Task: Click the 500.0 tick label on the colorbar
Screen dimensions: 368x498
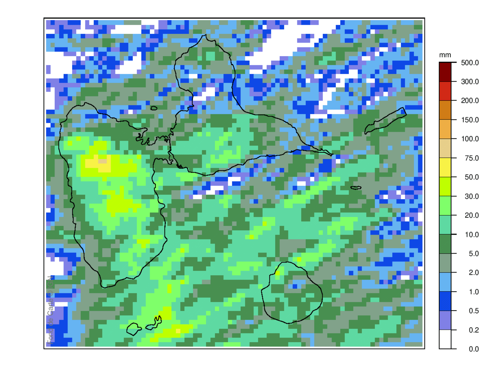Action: (x=470, y=63)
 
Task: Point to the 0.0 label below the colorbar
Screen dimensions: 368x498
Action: (x=473, y=349)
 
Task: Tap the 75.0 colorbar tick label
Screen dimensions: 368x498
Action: (x=471, y=158)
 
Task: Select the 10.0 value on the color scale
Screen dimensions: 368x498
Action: (x=471, y=235)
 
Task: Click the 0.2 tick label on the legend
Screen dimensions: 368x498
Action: (x=473, y=330)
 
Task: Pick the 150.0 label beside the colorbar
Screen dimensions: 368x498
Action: (x=470, y=120)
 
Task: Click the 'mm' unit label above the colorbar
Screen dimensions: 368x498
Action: (x=445, y=55)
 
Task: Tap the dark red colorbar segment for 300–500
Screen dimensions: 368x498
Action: (x=445, y=72)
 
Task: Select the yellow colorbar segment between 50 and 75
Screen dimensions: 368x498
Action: (x=445, y=167)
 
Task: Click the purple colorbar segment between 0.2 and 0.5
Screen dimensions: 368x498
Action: (x=445, y=320)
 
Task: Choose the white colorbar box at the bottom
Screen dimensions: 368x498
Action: (x=445, y=339)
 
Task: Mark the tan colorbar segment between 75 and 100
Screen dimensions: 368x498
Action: (x=445, y=148)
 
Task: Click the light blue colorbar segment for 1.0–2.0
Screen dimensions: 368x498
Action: (x=445, y=282)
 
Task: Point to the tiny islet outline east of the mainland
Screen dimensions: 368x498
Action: (x=356, y=188)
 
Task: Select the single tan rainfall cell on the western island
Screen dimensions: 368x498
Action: (x=102, y=161)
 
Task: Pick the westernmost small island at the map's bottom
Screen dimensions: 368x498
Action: (x=134, y=329)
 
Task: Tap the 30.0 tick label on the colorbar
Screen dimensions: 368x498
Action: (x=471, y=196)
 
